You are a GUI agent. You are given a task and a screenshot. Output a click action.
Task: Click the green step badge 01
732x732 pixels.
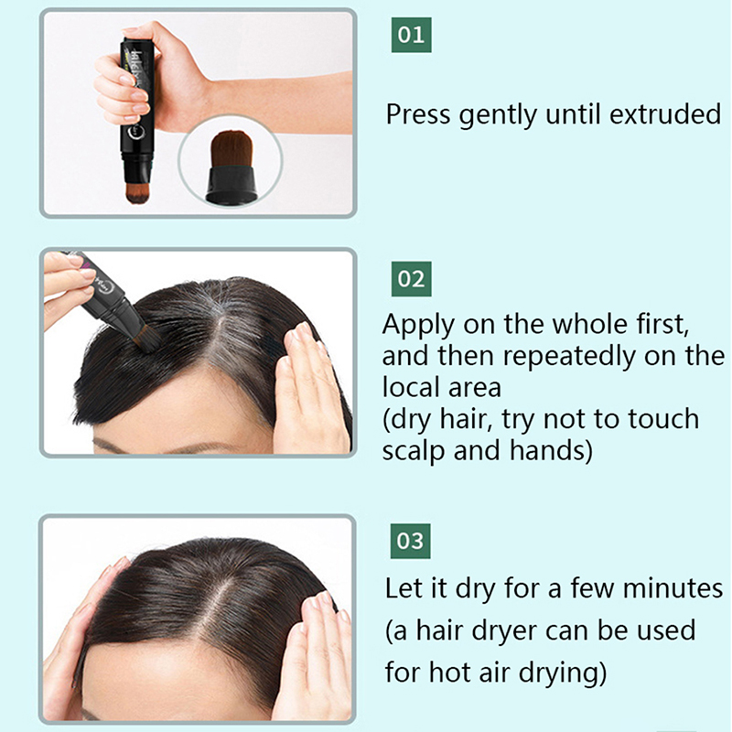point(411,35)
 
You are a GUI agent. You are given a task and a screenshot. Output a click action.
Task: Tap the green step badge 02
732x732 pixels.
point(411,279)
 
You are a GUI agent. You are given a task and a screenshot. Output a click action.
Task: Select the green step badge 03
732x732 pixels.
point(410,542)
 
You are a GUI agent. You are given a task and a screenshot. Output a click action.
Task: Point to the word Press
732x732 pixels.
point(418,115)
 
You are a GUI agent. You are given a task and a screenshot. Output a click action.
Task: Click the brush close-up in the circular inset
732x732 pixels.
point(231,167)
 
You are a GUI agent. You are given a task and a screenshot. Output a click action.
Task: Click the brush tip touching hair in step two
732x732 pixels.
point(147,339)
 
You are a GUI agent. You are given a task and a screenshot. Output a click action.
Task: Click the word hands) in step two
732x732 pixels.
point(551,451)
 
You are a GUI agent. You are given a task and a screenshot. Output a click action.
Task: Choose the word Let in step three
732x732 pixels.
point(404,588)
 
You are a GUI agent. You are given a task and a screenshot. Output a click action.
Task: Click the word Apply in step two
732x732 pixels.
point(418,326)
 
